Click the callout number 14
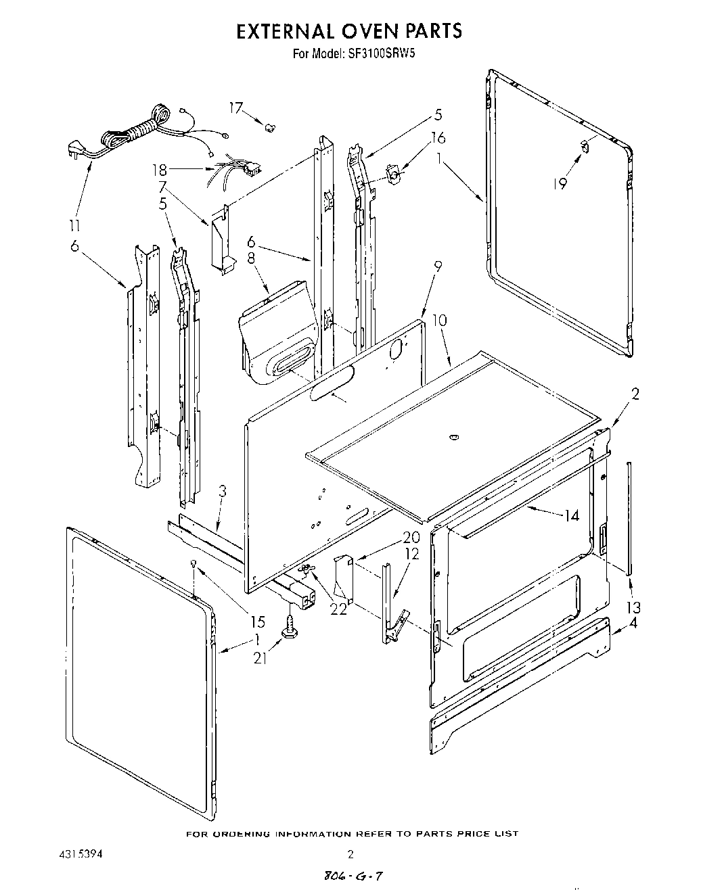572,515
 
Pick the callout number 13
634,607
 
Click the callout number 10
439,321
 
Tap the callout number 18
159,170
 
